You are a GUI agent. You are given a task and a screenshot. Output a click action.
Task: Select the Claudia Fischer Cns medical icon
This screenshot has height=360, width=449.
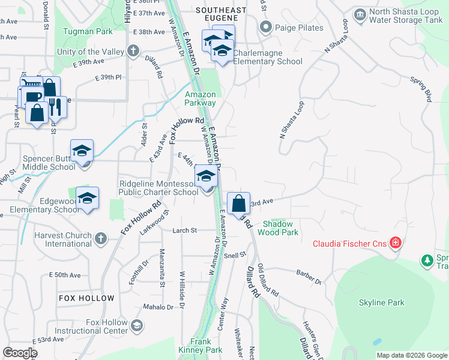395,243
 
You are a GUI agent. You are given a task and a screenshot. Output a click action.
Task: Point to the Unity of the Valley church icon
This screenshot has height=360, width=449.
133,52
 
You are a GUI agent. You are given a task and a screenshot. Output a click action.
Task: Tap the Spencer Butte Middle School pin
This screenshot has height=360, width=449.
82,152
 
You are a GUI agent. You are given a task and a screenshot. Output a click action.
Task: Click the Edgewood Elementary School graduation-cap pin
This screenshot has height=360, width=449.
87,199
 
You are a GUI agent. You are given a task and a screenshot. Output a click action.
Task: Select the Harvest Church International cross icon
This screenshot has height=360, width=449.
101,239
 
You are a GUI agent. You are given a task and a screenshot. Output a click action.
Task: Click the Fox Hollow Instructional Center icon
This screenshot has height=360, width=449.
137,326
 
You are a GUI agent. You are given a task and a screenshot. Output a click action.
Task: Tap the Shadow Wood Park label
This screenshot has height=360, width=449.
278,227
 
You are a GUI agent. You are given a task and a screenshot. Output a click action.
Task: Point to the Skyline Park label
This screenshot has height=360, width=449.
381,303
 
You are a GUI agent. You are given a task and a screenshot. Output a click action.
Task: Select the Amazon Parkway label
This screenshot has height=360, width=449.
200,98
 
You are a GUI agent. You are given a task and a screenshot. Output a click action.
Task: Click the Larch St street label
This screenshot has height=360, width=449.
185,230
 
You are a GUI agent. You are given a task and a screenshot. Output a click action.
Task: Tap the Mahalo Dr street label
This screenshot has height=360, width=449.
158,307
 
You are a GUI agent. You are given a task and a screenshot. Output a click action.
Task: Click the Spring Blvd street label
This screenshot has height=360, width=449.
421,87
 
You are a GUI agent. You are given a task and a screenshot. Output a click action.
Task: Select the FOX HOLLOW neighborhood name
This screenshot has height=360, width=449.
86,298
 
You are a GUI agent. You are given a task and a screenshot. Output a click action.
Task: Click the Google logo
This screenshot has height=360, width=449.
20,353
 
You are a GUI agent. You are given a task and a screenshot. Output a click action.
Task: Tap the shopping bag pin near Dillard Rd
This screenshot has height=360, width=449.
239,203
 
